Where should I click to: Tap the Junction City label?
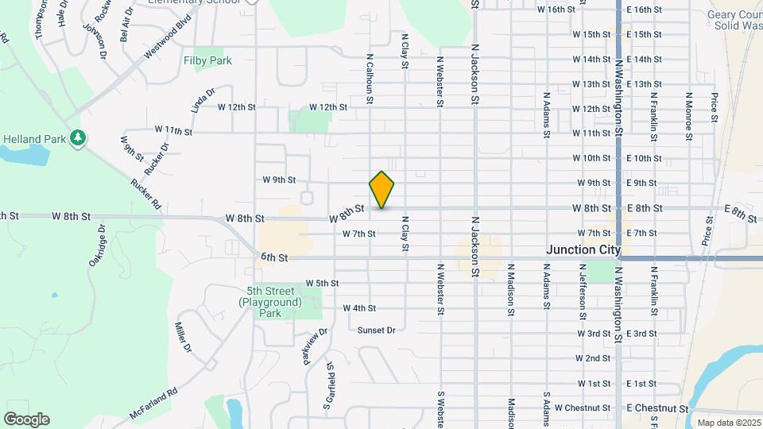point(583,249)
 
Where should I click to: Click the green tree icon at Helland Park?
point(78,139)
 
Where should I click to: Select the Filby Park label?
point(207,60)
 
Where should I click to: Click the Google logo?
point(25,419)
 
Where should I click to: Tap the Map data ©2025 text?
point(728,423)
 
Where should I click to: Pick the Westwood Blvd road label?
point(168,38)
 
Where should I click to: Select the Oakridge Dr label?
point(97,245)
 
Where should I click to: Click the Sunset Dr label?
point(376,330)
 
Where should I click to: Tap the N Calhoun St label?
point(370,79)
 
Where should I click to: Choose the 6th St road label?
point(273,257)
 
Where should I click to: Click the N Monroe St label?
point(688,117)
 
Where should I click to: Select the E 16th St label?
point(644,10)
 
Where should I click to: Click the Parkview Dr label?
point(314,348)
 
